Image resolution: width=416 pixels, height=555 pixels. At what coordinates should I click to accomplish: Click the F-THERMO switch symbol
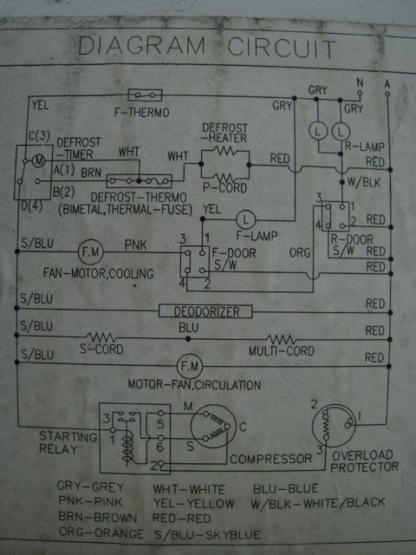point(145,95)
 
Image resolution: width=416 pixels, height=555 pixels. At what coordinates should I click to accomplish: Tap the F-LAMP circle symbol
point(245,219)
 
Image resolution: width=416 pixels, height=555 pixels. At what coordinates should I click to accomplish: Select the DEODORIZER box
point(205,311)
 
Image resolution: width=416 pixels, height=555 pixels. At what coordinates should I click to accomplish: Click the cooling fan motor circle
point(91,252)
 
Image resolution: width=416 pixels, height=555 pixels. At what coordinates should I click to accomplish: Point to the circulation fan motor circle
point(190,366)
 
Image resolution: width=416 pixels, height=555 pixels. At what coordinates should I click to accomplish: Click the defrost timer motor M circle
point(39,161)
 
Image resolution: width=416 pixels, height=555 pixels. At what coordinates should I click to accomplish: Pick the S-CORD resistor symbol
point(101,336)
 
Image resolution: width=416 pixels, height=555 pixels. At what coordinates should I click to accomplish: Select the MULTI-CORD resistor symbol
point(281,339)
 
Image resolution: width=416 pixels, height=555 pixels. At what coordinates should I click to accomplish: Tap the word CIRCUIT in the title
point(281,48)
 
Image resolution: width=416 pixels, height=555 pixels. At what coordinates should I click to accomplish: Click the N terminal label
point(360,83)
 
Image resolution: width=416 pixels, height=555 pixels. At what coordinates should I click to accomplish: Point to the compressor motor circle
point(213,427)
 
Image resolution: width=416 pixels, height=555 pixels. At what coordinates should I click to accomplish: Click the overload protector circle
point(334,426)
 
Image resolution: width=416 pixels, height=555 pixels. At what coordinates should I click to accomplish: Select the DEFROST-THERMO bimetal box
point(140,181)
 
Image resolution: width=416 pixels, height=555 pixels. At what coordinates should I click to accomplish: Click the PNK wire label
point(135,245)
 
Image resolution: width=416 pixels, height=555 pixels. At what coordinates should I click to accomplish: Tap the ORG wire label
point(300,252)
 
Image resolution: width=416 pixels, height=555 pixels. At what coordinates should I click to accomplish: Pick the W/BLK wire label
point(364,182)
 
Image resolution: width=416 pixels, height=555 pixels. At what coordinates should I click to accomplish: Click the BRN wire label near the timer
point(91,173)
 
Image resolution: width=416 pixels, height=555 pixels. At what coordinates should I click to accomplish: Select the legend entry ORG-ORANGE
point(101,532)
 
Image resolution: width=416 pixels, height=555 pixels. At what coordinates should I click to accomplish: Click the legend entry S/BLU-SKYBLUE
point(207,534)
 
